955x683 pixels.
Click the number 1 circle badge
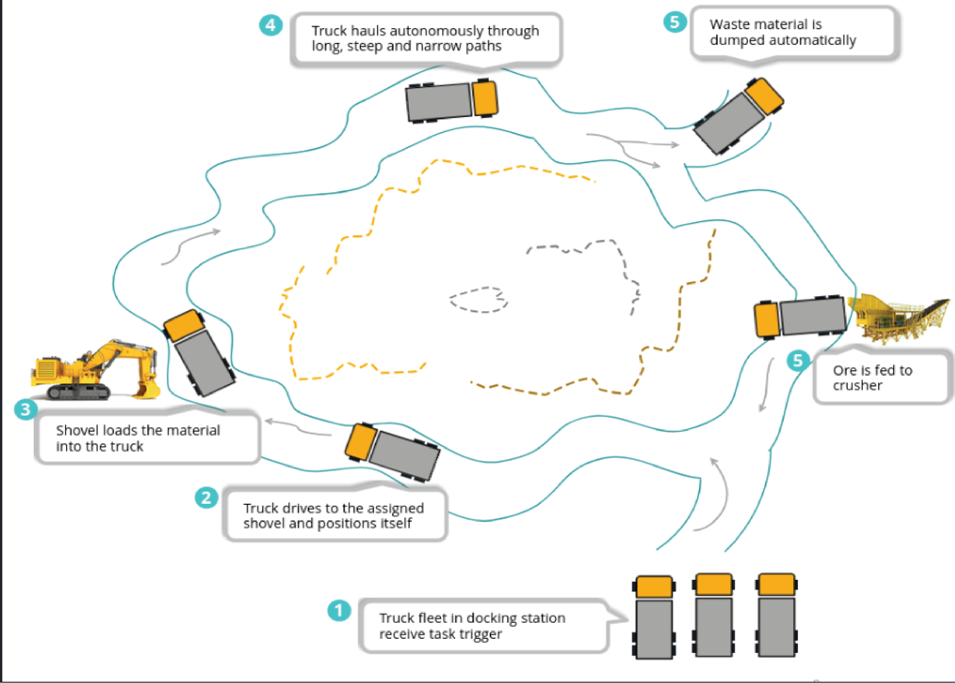(339, 610)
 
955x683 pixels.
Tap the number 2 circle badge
(207, 497)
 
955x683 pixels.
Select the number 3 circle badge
(26, 409)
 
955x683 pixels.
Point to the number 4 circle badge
(270, 25)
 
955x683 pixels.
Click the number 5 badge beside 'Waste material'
(674, 22)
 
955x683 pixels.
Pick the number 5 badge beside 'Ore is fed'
(798, 361)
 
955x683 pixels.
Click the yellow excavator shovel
(95, 371)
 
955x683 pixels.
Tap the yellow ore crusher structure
(898, 317)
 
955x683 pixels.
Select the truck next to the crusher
(800, 317)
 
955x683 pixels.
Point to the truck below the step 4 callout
(451, 100)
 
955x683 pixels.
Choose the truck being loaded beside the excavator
(199, 353)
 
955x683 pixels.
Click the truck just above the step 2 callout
(392, 451)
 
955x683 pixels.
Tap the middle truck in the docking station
(713, 615)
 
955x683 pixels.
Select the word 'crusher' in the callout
(857, 386)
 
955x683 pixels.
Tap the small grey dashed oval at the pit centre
(479, 299)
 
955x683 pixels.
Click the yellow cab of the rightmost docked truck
(776, 584)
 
